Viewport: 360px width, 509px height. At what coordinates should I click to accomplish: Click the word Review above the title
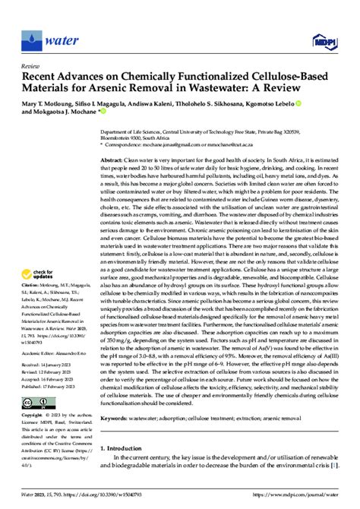(33, 66)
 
